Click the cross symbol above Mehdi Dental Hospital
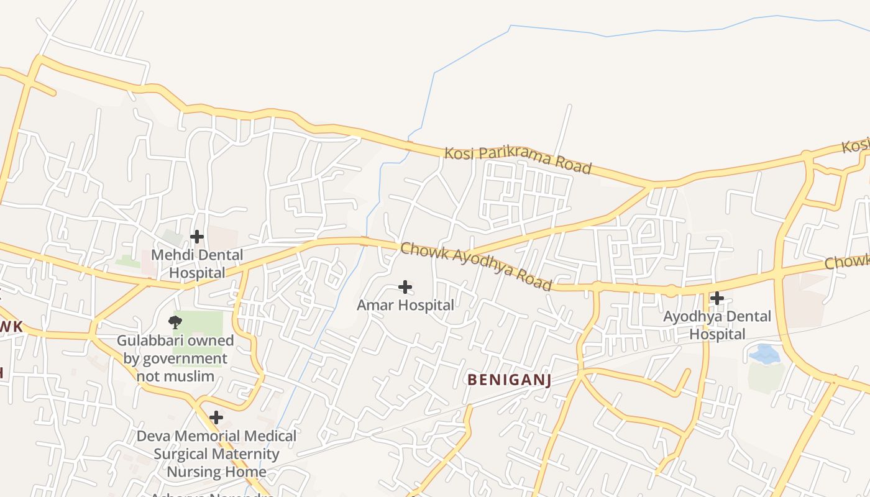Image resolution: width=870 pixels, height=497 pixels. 196,237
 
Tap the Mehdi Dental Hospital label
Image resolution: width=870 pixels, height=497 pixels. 197,264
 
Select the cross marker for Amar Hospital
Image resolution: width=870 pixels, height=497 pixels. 405,286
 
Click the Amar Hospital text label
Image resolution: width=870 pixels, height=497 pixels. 405,305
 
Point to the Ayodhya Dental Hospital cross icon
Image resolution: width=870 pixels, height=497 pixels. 717,298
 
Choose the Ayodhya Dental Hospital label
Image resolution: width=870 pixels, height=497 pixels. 717,325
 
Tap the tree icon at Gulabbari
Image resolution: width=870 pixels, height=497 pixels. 175,321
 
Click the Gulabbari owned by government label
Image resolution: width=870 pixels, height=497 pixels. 175,358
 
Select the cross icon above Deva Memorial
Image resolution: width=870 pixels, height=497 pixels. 216,417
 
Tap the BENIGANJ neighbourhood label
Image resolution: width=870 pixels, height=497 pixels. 509,379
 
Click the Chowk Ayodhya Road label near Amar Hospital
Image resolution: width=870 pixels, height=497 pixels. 476,267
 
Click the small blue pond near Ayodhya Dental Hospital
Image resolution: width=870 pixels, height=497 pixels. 764,354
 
